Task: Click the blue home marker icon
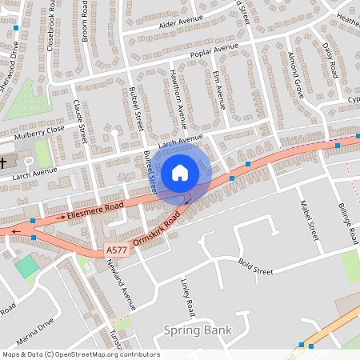(x=179, y=172)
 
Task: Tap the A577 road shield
(x=116, y=251)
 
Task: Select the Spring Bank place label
(x=197, y=330)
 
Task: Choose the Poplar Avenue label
(x=214, y=52)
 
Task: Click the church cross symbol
(x=4, y=163)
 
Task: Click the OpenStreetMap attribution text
(x=80, y=354)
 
